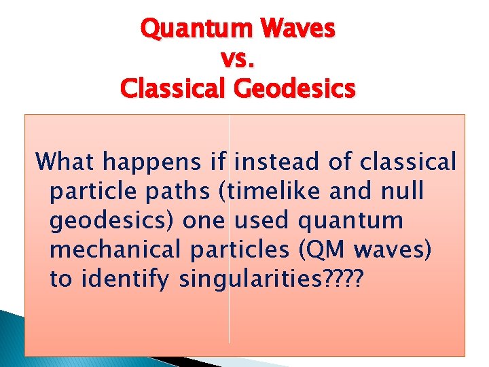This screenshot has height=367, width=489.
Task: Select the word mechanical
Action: point(116,250)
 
